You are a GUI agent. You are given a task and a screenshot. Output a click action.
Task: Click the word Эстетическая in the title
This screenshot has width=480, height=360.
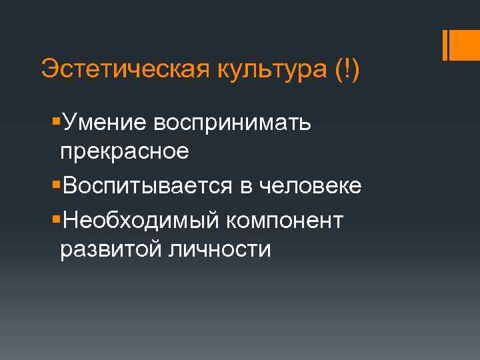[123, 69]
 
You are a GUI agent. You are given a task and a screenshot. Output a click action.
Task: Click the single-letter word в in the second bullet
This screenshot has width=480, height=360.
[241, 187]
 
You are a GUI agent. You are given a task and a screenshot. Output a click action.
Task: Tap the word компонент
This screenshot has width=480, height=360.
[285, 219]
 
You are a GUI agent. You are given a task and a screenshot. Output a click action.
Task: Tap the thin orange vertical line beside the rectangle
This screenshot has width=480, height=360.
[444, 44]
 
